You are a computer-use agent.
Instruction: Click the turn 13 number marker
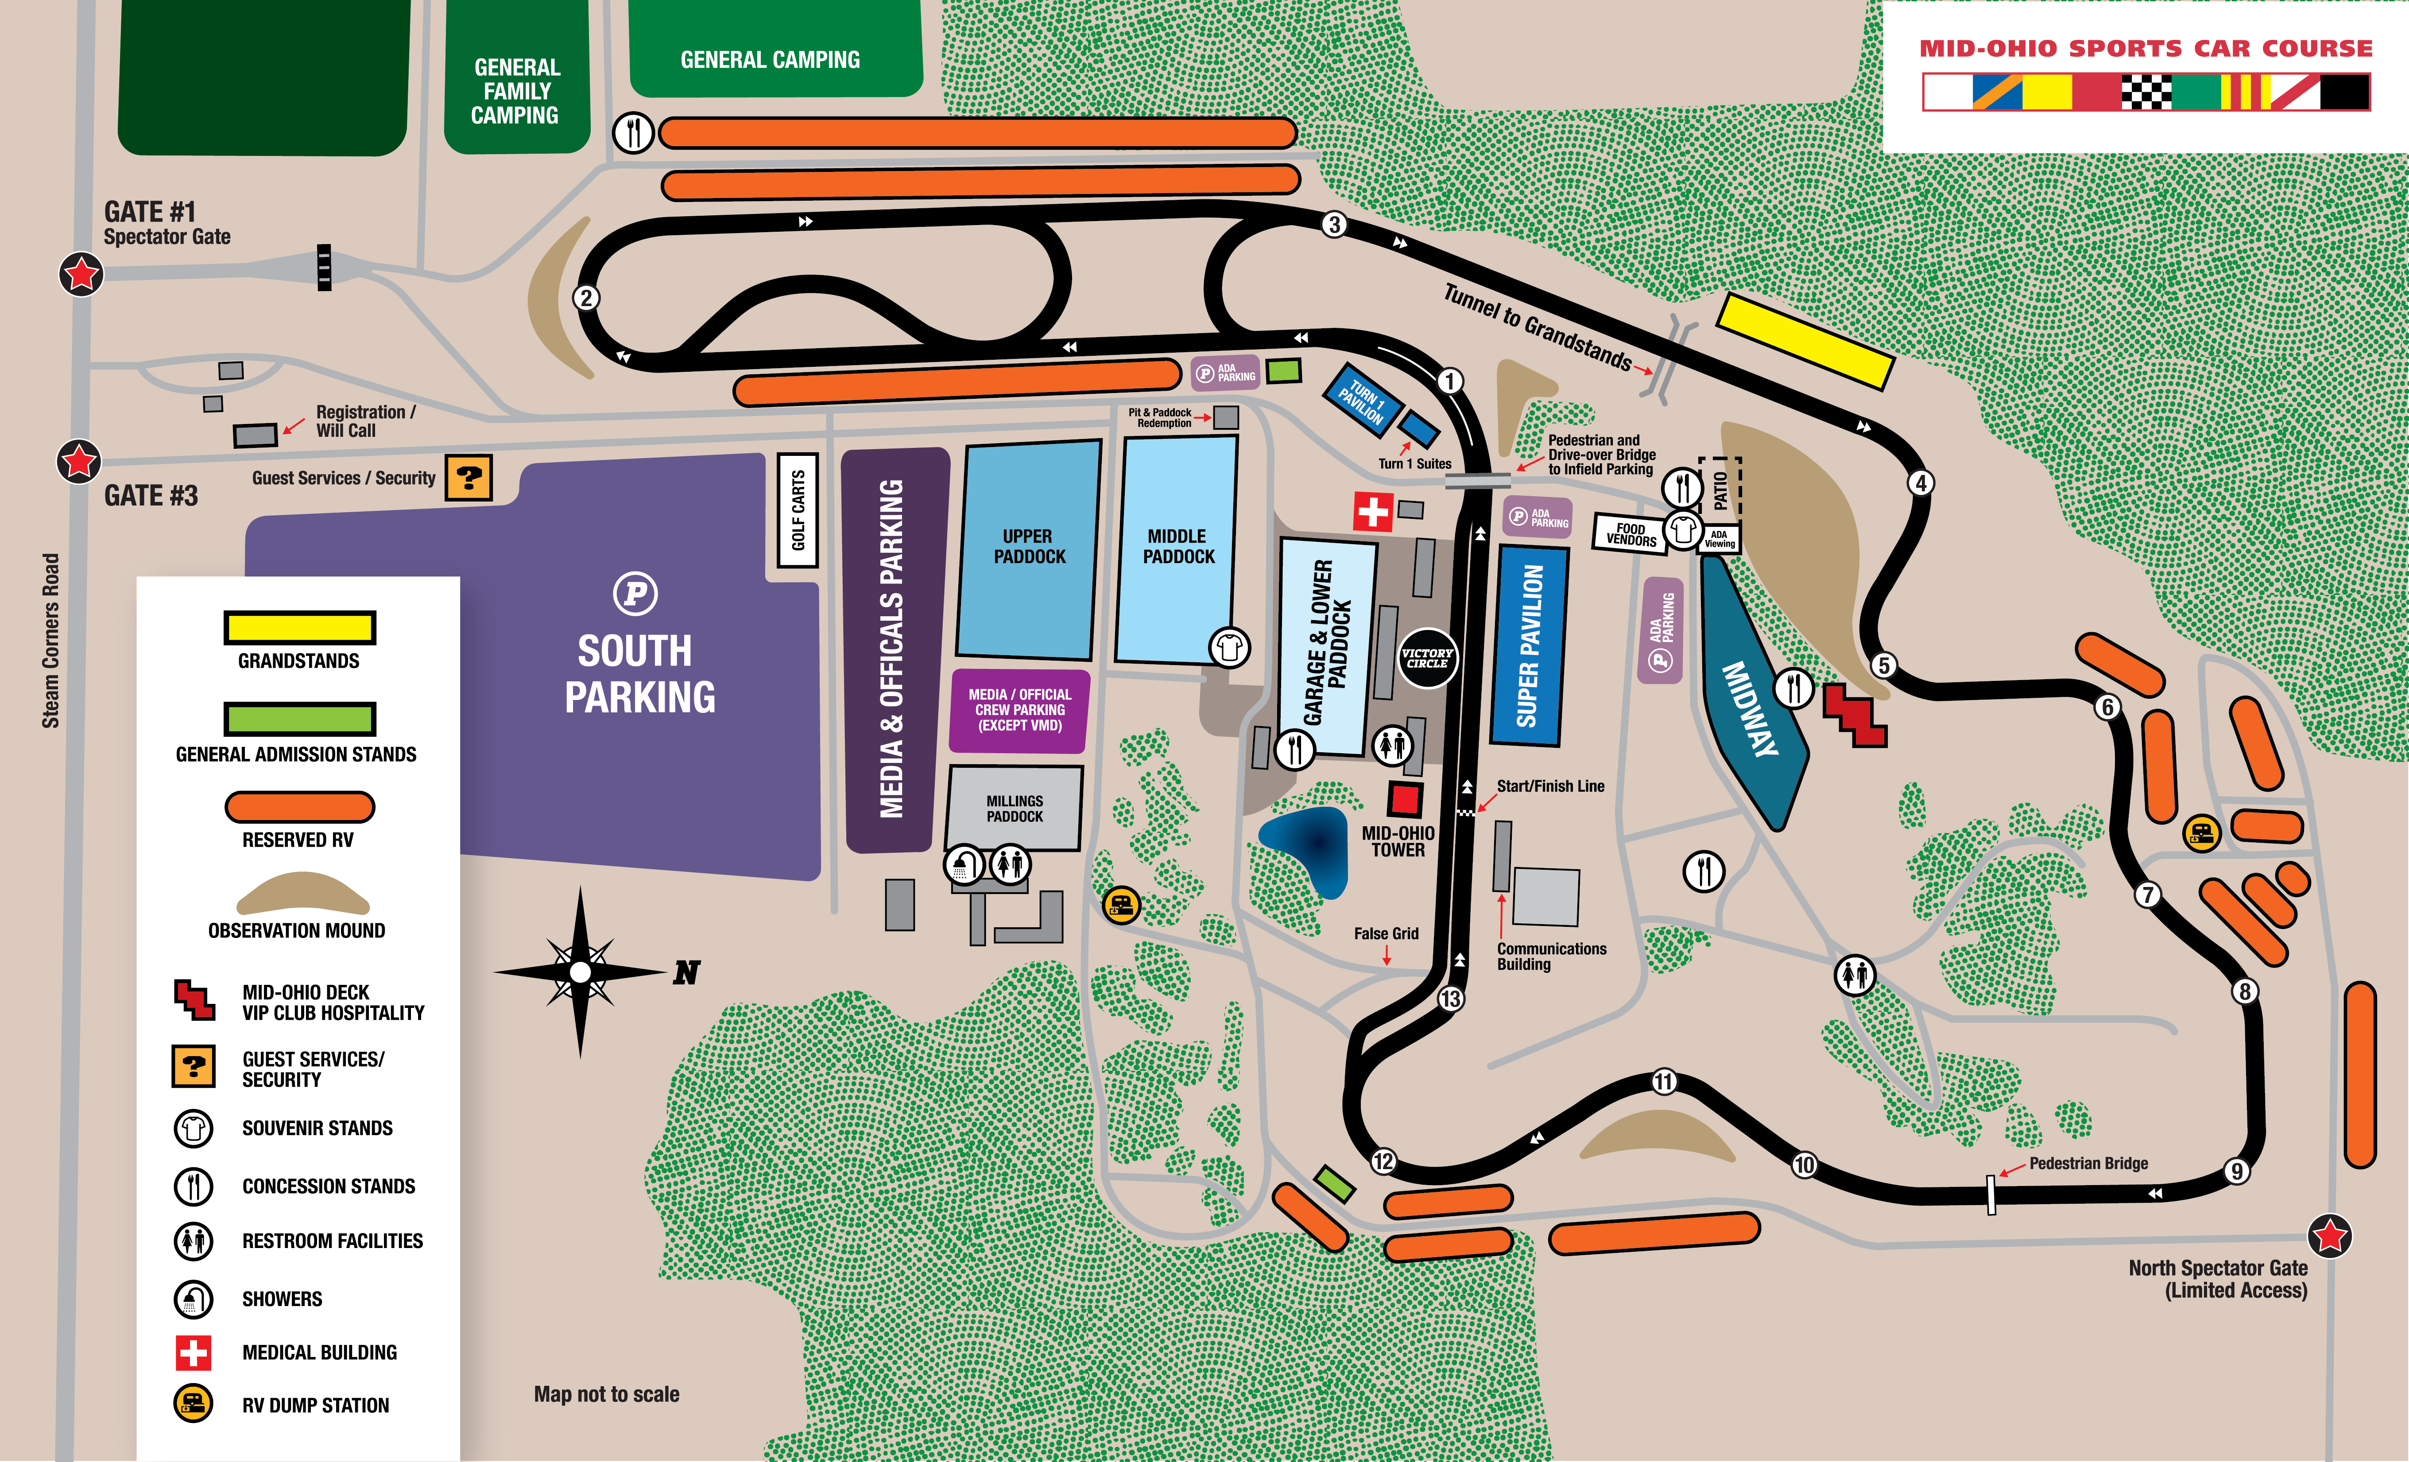(1450, 999)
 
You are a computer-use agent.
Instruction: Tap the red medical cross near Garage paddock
(1373, 510)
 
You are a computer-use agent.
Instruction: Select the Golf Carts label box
(798, 509)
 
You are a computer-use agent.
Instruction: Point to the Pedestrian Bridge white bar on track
(1991, 1194)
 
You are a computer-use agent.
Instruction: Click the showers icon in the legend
(194, 1299)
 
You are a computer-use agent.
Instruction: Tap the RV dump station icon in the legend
(194, 1404)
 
